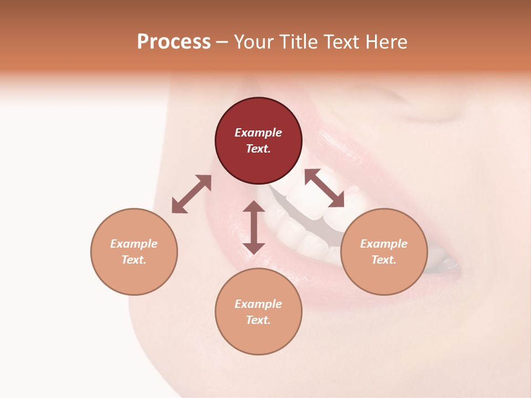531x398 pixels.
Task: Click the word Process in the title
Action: pos(174,42)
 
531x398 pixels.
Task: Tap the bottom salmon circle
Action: pos(258,337)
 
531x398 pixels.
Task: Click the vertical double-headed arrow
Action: pos(254,227)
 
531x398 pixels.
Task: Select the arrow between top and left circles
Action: pos(191,194)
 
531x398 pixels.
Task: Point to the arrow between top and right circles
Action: pos(324,188)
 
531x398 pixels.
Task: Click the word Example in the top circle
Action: pos(258,133)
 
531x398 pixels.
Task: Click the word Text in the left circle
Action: pos(134,260)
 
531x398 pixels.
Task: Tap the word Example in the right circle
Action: pos(384,244)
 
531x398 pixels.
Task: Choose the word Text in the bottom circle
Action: pos(258,320)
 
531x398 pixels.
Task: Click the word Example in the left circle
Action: pos(134,244)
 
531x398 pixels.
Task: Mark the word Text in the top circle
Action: pos(258,149)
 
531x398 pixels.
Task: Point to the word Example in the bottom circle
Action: pos(258,304)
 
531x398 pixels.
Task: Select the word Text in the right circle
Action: pos(384,260)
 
